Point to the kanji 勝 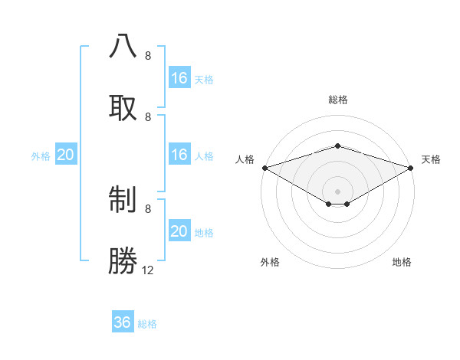[x=123, y=260]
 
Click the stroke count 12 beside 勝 [x=148, y=270]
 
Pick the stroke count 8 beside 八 [x=148, y=56]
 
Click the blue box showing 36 [x=123, y=323]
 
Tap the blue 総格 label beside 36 [x=147, y=324]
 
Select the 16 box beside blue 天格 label [x=179, y=78]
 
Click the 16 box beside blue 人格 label [x=179, y=155]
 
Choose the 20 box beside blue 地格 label [x=179, y=231]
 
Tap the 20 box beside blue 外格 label [x=65, y=155]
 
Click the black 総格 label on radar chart [x=338, y=100]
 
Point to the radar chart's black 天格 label [x=431, y=159]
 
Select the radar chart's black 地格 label [x=402, y=262]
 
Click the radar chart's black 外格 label [x=270, y=262]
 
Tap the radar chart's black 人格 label [x=245, y=159]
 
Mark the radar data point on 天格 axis [x=411, y=167]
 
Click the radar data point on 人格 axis [x=264, y=167]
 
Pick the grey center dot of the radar [x=337, y=191]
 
